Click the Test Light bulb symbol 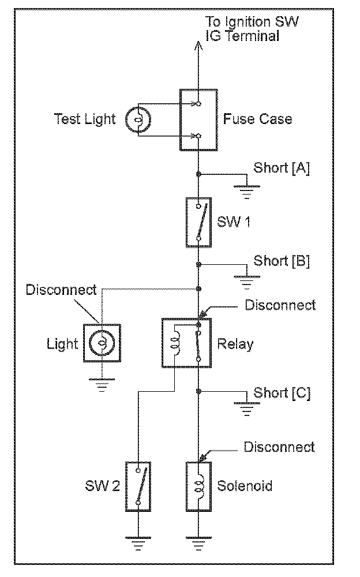(x=138, y=119)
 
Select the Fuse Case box (x=198, y=119)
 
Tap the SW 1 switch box (x=198, y=222)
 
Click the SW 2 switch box (x=138, y=486)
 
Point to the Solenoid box (x=198, y=486)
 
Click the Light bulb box (x=102, y=343)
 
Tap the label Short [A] (x=281, y=168)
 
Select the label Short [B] (x=282, y=260)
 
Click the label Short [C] (x=282, y=394)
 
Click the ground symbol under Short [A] (x=246, y=190)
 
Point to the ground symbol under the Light (x=102, y=384)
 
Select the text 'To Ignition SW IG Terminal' (x=253, y=29)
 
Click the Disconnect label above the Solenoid (x=279, y=447)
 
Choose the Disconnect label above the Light (x=61, y=289)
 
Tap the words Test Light (x=85, y=119)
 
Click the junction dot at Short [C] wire (x=198, y=392)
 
